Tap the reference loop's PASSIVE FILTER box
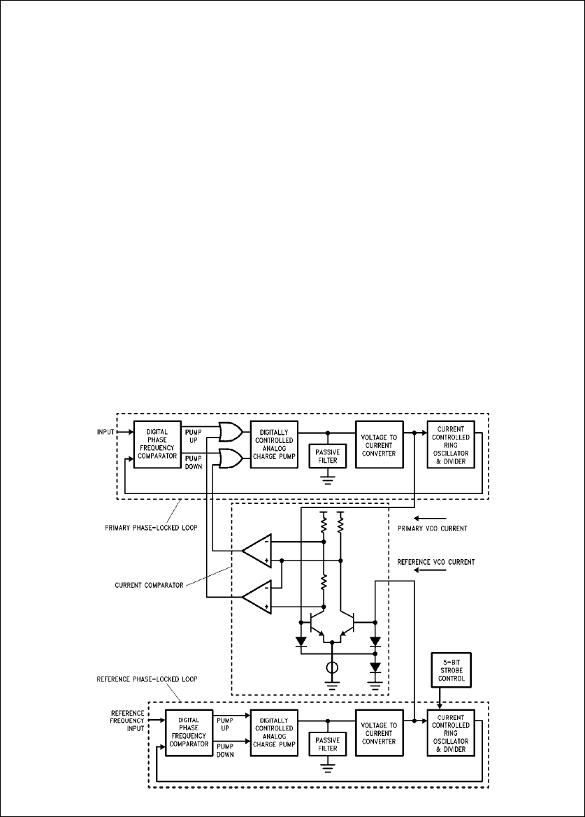(x=326, y=743)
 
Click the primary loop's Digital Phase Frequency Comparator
(x=157, y=444)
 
